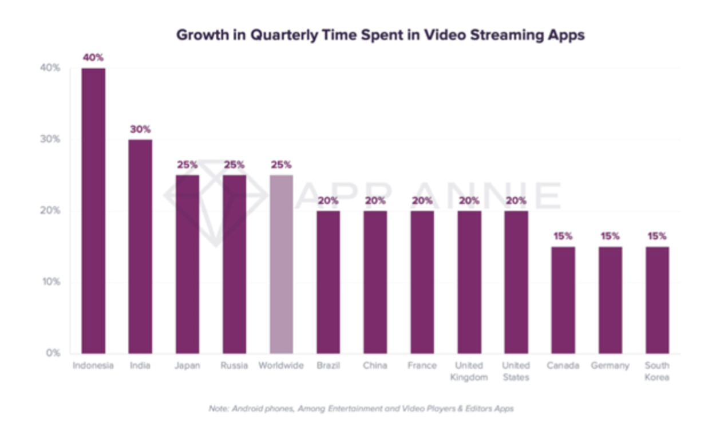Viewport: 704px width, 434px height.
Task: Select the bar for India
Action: click(140, 246)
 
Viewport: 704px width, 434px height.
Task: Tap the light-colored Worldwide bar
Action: click(281, 264)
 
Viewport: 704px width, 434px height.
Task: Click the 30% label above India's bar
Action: click(140, 129)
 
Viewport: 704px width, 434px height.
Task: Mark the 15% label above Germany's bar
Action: click(610, 236)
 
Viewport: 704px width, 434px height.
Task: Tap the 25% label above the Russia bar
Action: click(234, 165)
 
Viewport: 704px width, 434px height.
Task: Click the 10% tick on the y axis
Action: click(51, 282)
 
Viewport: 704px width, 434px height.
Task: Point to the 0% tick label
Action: click(53, 353)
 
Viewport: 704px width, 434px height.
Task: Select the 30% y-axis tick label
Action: click(50, 139)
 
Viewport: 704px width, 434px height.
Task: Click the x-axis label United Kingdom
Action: click(469, 371)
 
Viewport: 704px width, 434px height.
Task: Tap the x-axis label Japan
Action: click(187, 365)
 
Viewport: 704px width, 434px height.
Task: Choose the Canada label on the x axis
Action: click(563, 365)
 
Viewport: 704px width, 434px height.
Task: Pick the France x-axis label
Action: click(422, 365)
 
